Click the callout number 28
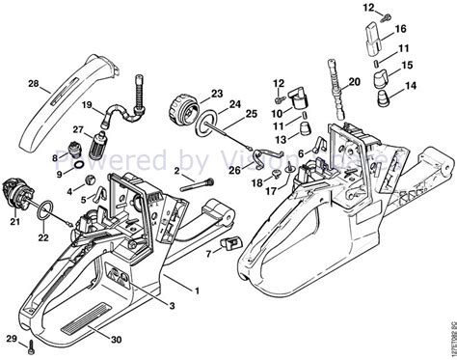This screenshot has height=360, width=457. point(34,86)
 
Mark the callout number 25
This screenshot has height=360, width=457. point(253,113)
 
